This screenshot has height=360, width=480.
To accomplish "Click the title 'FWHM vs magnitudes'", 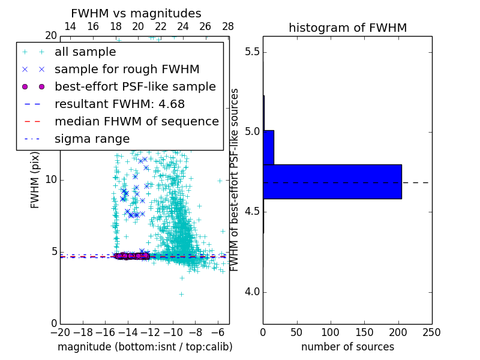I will (x=136, y=13).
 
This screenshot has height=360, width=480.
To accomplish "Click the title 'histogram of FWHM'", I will (x=347, y=28).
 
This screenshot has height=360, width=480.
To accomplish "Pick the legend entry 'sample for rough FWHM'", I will (x=127, y=69).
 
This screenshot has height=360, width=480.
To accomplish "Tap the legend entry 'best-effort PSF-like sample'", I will (x=135, y=86).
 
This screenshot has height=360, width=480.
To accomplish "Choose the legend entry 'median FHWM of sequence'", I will (x=136, y=121).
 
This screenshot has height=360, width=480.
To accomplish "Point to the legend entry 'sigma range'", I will (x=92, y=139).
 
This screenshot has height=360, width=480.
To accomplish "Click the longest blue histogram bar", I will (x=332, y=181).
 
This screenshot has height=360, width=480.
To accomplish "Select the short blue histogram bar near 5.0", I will (x=268, y=147).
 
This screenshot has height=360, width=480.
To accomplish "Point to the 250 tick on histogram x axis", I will (x=431, y=332).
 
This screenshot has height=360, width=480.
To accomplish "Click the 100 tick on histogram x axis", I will (x=331, y=332).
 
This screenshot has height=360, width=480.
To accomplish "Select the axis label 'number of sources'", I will (x=347, y=347).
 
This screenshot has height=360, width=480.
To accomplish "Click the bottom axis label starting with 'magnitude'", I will (x=145, y=347).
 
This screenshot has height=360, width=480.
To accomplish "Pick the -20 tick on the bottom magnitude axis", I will (x=60, y=332).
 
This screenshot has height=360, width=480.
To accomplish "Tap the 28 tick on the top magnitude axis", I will (x=228, y=26).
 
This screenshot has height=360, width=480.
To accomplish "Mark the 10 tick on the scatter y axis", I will (x=51, y=180).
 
